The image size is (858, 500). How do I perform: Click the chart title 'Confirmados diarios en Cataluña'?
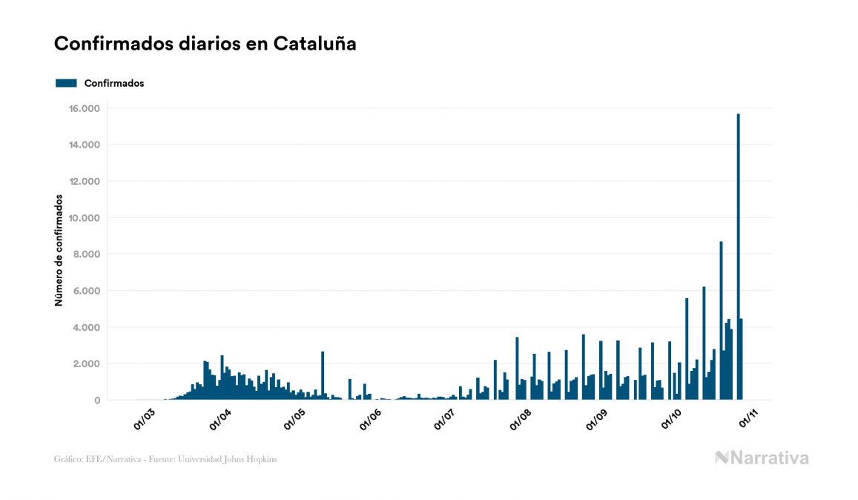(205, 44)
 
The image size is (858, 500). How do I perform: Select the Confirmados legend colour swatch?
(66, 83)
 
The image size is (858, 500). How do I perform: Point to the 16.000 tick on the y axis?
(84, 109)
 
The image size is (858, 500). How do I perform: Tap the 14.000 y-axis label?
(84, 145)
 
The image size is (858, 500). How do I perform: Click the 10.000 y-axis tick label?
(84, 218)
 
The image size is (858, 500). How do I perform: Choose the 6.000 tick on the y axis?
(86, 291)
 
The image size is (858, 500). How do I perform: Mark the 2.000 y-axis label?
(86, 364)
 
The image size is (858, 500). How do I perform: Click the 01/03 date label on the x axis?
(145, 418)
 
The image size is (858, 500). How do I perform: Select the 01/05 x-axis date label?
(295, 418)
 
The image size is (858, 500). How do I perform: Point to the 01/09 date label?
(598, 418)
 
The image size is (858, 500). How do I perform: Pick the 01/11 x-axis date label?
(748, 418)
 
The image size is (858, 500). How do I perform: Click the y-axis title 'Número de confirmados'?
(58, 251)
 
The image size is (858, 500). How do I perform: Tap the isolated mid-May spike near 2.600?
(323, 375)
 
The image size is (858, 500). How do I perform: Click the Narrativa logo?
(762, 458)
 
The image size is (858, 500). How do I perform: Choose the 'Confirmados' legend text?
(114, 83)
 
